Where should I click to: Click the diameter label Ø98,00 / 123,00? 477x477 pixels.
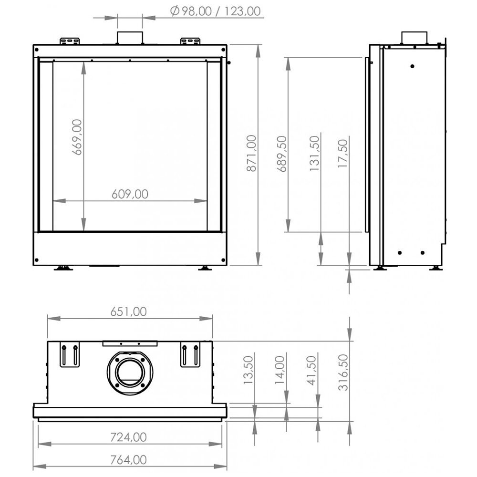point(215,11)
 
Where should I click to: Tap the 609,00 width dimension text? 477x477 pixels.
point(130,194)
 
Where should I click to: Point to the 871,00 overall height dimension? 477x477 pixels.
point(252,153)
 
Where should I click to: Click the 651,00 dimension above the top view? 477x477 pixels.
point(128,311)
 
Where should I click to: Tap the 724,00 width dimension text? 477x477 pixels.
point(128,436)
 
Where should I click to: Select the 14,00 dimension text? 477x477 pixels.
point(280,370)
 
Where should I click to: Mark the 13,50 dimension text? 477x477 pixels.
point(248,369)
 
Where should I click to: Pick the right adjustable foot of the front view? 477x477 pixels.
point(204,268)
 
